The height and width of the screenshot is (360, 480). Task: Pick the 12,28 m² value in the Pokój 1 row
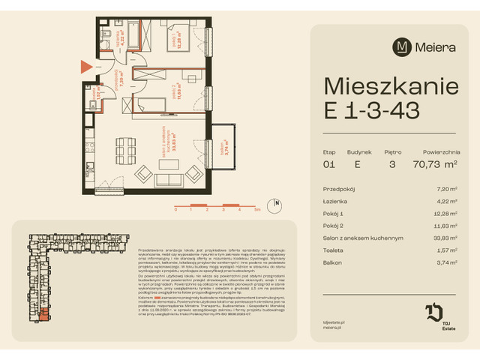[x=446, y=214]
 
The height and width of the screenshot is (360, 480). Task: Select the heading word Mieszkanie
[x=391, y=86]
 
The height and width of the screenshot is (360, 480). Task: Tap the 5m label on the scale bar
[x=257, y=210]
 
